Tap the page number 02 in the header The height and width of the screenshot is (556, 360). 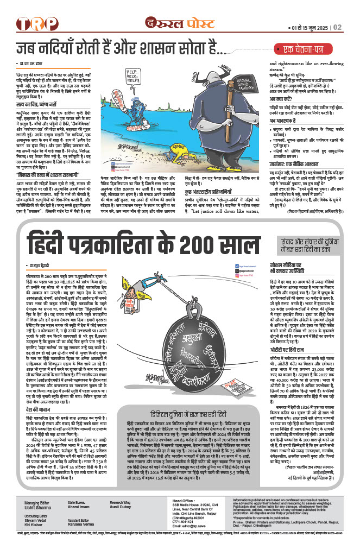point(337,27)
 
